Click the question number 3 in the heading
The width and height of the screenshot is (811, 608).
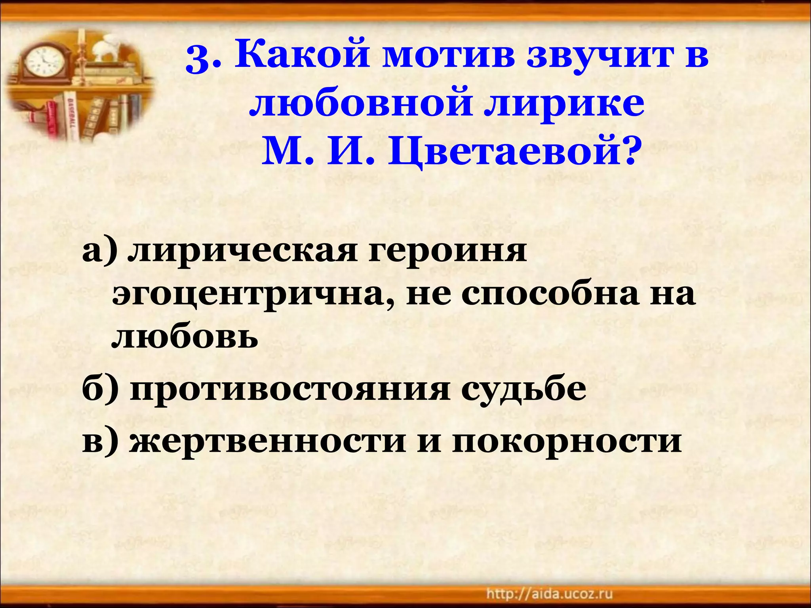pyautogui.click(x=198, y=60)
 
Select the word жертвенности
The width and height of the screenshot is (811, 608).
pyautogui.click(x=267, y=441)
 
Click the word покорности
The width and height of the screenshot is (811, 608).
pyautogui.click(x=567, y=441)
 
